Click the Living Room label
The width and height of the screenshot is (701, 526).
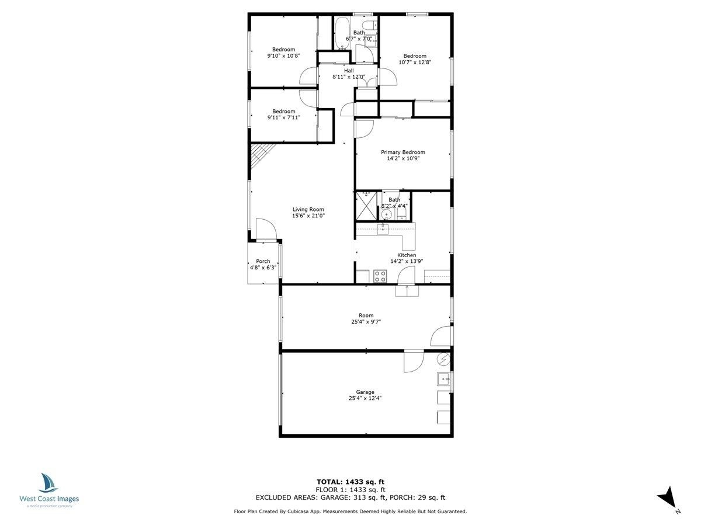[x=308, y=209]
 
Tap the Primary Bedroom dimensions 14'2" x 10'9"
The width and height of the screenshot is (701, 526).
[x=403, y=158]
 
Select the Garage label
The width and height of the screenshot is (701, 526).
[x=365, y=392]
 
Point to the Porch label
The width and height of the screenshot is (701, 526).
[x=263, y=261]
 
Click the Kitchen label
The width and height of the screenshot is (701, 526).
[x=407, y=255]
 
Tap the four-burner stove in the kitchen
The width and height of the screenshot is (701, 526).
[x=380, y=276]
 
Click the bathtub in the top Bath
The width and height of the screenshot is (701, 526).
[x=342, y=33]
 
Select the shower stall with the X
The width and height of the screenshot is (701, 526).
[x=366, y=206]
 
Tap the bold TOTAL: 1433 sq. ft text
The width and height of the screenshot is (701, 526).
[x=350, y=482]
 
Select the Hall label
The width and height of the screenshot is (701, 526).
[x=349, y=71]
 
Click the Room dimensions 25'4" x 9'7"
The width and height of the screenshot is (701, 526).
[x=366, y=322]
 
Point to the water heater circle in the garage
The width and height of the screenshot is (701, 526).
[x=443, y=360]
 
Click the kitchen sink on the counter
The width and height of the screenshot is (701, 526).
[x=383, y=229]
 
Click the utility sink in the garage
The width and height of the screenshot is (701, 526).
[x=443, y=379]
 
